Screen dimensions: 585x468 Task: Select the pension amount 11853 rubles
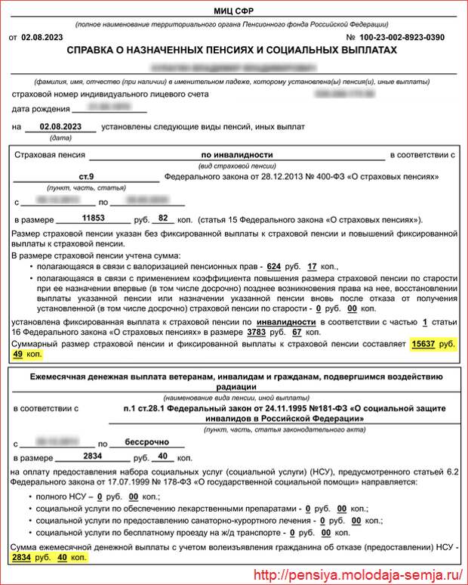[x=93, y=218]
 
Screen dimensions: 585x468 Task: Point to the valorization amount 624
[x=274, y=266]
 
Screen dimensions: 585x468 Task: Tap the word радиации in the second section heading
[x=234, y=385]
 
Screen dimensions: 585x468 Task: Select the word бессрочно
[x=144, y=441]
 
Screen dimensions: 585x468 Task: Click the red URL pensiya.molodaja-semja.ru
[x=358, y=575]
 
